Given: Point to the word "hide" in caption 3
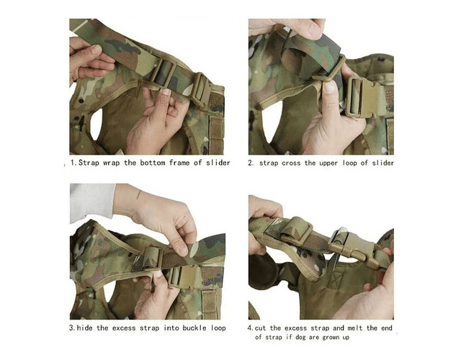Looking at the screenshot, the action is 84,328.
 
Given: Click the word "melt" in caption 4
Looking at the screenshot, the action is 355,328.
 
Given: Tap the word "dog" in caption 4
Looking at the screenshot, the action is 300,338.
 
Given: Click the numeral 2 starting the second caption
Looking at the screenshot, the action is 250,163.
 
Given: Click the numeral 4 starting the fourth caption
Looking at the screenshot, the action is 250,328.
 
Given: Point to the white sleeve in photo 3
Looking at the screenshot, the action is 92,202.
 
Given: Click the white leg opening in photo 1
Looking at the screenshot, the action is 97,124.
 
